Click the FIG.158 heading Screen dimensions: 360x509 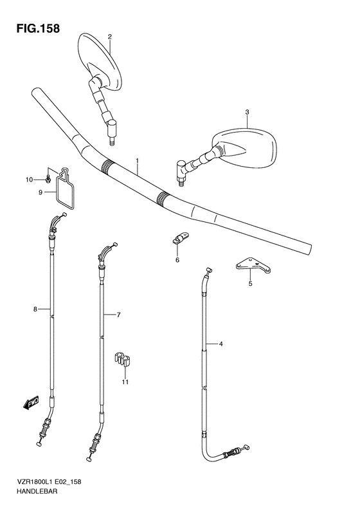(x=39, y=28)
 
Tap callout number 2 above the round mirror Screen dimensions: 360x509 (x=110, y=37)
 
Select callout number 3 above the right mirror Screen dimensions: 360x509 (x=247, y=112)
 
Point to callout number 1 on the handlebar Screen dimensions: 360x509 (x=138, y=160)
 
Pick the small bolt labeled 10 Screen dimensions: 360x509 (x=48, y=179)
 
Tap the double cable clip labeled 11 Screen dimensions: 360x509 (x=124, y=360)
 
